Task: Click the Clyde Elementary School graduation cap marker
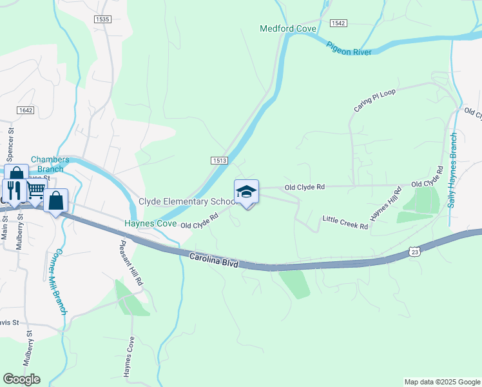coord(246,192)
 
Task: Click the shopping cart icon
coord(36,188)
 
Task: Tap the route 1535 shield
coord(102,19)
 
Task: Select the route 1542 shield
coord(338,23)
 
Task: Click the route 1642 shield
coord(25,110)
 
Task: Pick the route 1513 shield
coord(218,161)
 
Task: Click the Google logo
coord(21,379)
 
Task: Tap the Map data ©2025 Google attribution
coord(441,382)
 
